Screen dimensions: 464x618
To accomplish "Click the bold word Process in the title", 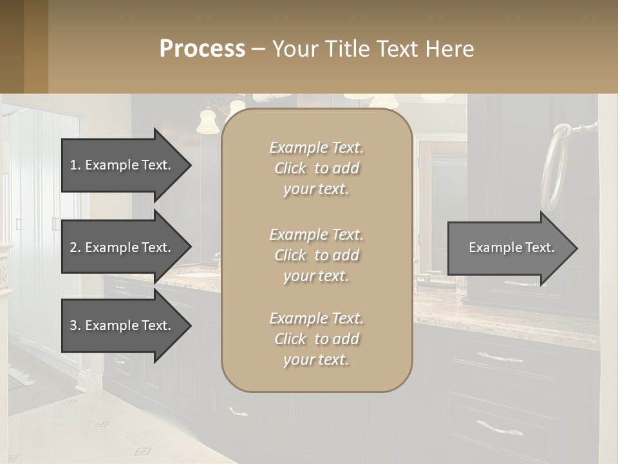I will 202,49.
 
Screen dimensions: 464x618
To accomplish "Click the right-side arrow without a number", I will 512,247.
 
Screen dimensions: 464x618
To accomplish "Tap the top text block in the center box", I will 316,168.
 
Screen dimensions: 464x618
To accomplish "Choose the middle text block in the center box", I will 316,255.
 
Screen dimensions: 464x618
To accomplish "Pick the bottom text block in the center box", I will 316,339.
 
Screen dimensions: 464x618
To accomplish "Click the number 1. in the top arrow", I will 75,165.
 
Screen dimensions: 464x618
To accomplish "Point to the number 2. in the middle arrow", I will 75,247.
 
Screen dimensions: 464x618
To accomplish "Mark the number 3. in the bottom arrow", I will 75,325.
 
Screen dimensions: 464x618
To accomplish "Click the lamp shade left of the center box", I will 207,122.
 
